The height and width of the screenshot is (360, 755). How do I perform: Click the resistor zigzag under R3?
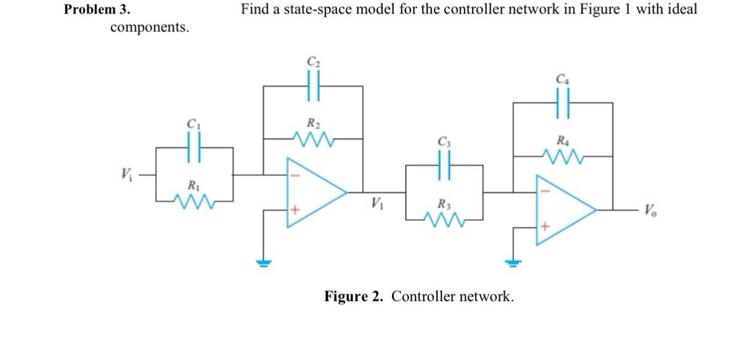pyautogui.click(x=444, y=218)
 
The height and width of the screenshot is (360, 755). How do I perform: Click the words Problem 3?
pyautogui.click(x=97, y=10)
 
